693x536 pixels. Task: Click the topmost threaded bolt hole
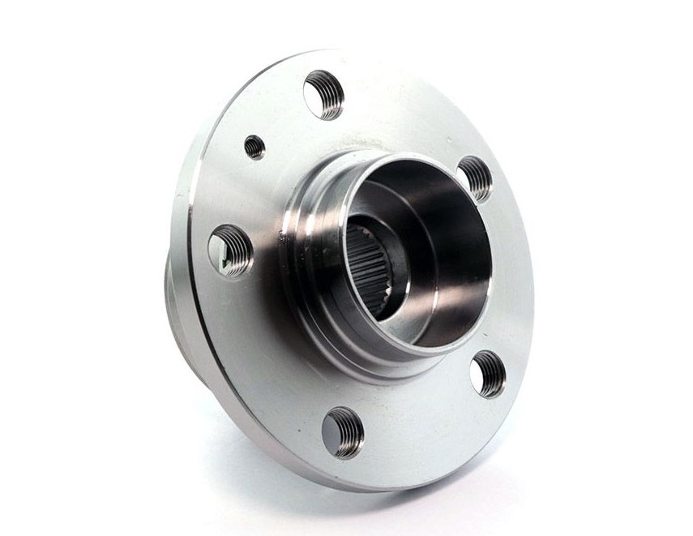pos(323,95)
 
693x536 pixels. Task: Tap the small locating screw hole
pos(254,147)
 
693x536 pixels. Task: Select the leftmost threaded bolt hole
pos(230,251)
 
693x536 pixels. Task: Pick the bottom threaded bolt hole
pos(342,432)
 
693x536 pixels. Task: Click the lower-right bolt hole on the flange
pos(488,374)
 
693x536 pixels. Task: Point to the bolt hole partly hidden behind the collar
pos(476,178)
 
